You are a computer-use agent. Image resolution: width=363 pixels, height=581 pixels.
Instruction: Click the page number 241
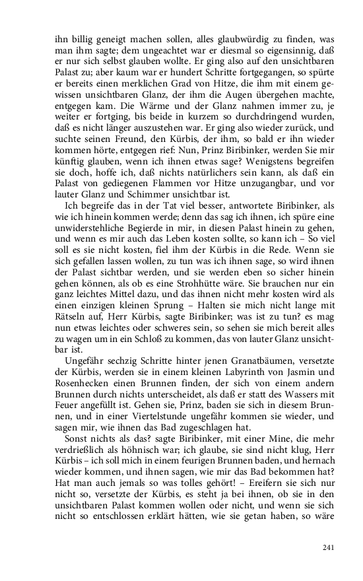coord(331,547)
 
